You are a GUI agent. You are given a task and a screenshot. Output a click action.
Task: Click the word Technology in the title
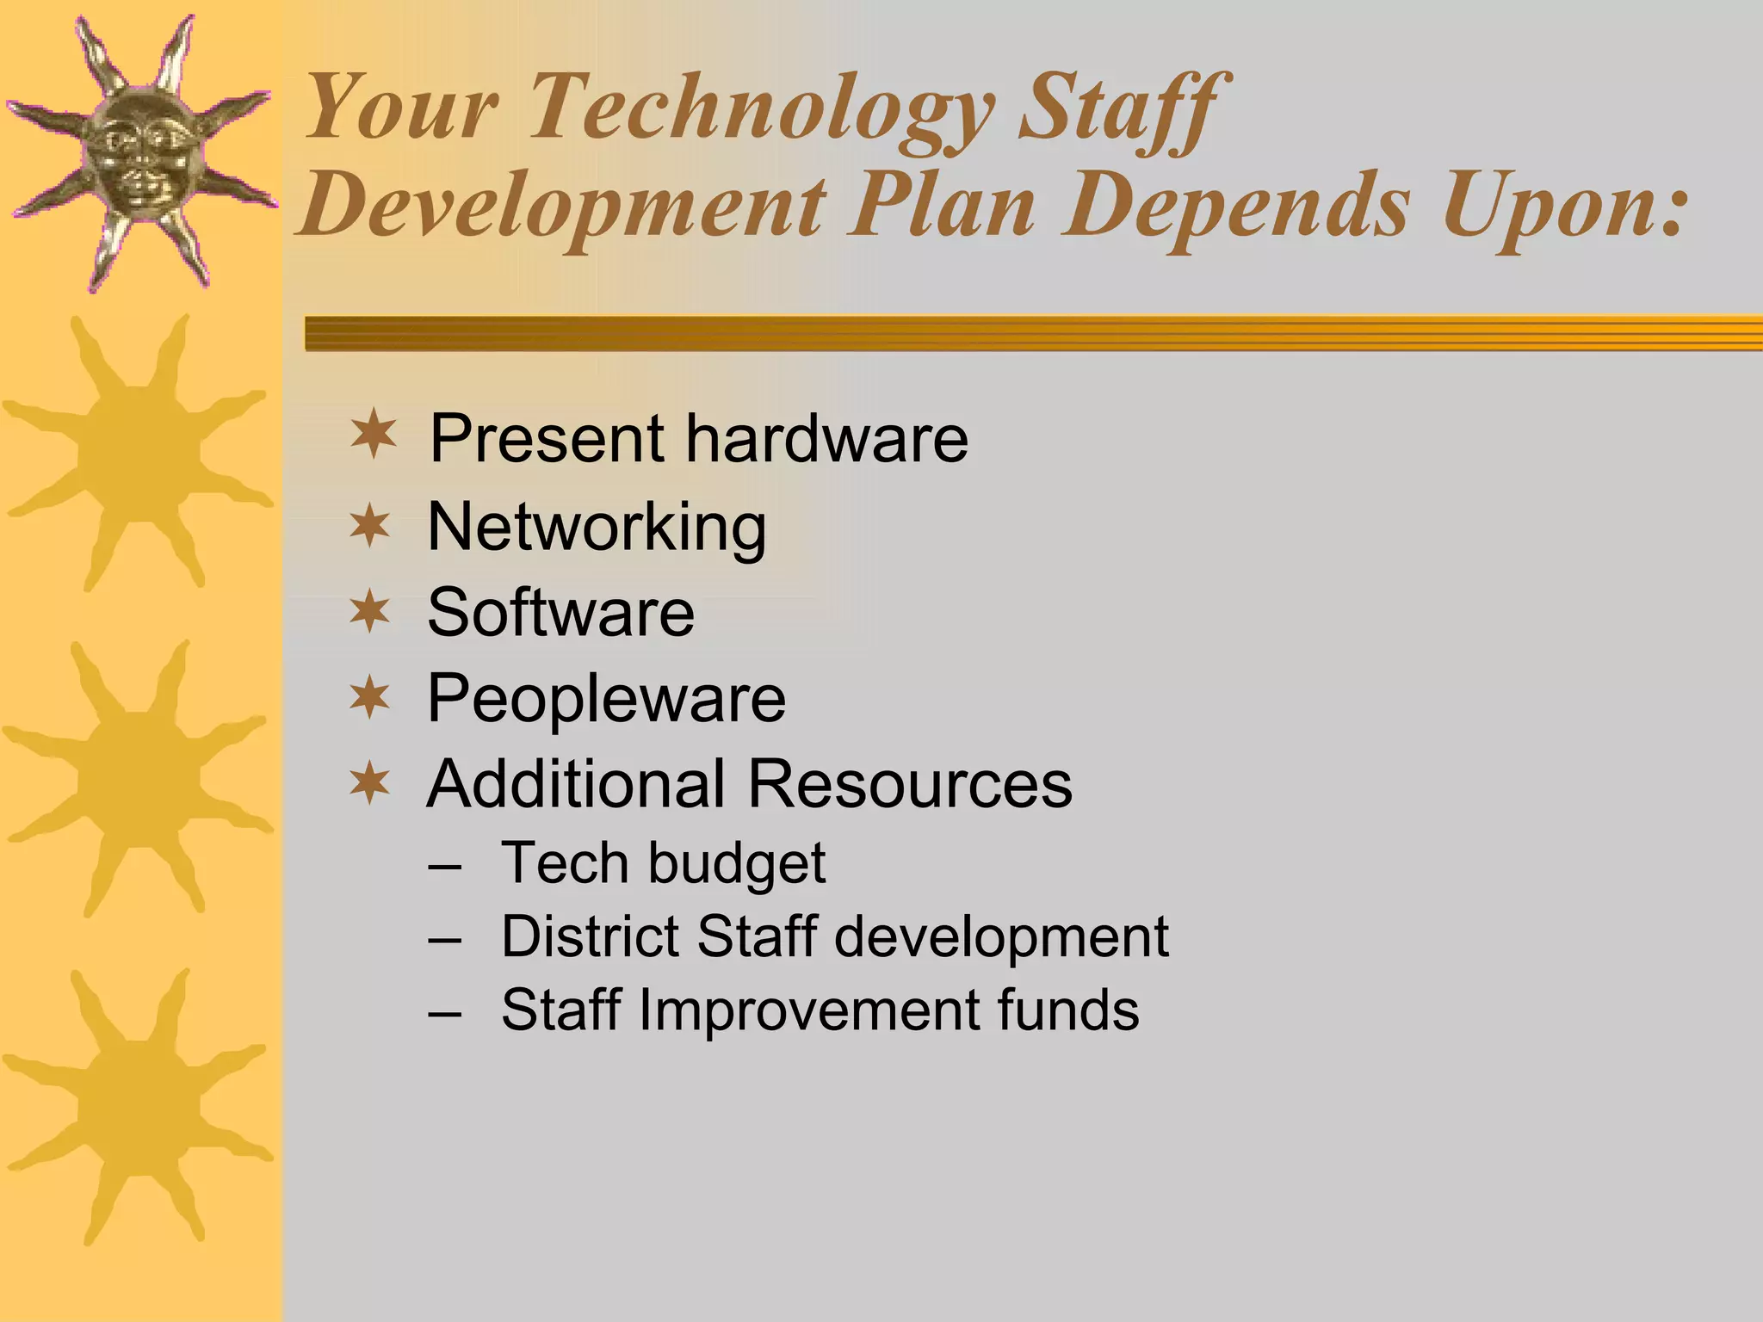click(761, 109)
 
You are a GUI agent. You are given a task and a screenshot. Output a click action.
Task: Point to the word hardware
click(826, 438)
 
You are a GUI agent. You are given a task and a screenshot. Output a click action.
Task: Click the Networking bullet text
click(596, 527)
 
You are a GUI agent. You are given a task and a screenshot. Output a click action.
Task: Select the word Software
click(560, 612)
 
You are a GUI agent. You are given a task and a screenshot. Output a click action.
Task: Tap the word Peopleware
click(606, 698)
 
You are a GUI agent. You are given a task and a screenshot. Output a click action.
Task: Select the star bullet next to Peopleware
click(370, 697)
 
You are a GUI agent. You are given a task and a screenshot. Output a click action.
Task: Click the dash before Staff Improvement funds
click(443, 1012)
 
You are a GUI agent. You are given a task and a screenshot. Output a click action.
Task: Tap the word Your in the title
click(401, 109)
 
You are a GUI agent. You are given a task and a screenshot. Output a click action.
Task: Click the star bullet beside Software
click(370, 611)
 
